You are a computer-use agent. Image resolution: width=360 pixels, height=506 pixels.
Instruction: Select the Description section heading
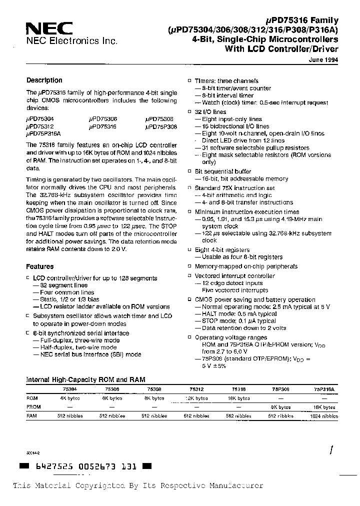[x=44, y=80]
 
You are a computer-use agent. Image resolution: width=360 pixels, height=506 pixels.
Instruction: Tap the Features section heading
[x=39, y=266]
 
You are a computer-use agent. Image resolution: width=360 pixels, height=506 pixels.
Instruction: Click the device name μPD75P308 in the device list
[x=160, y=127]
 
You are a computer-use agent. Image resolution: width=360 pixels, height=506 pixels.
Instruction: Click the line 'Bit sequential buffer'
[x=223, y=171]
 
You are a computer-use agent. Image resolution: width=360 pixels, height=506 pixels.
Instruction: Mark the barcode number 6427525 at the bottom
[x=51, y=466]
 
